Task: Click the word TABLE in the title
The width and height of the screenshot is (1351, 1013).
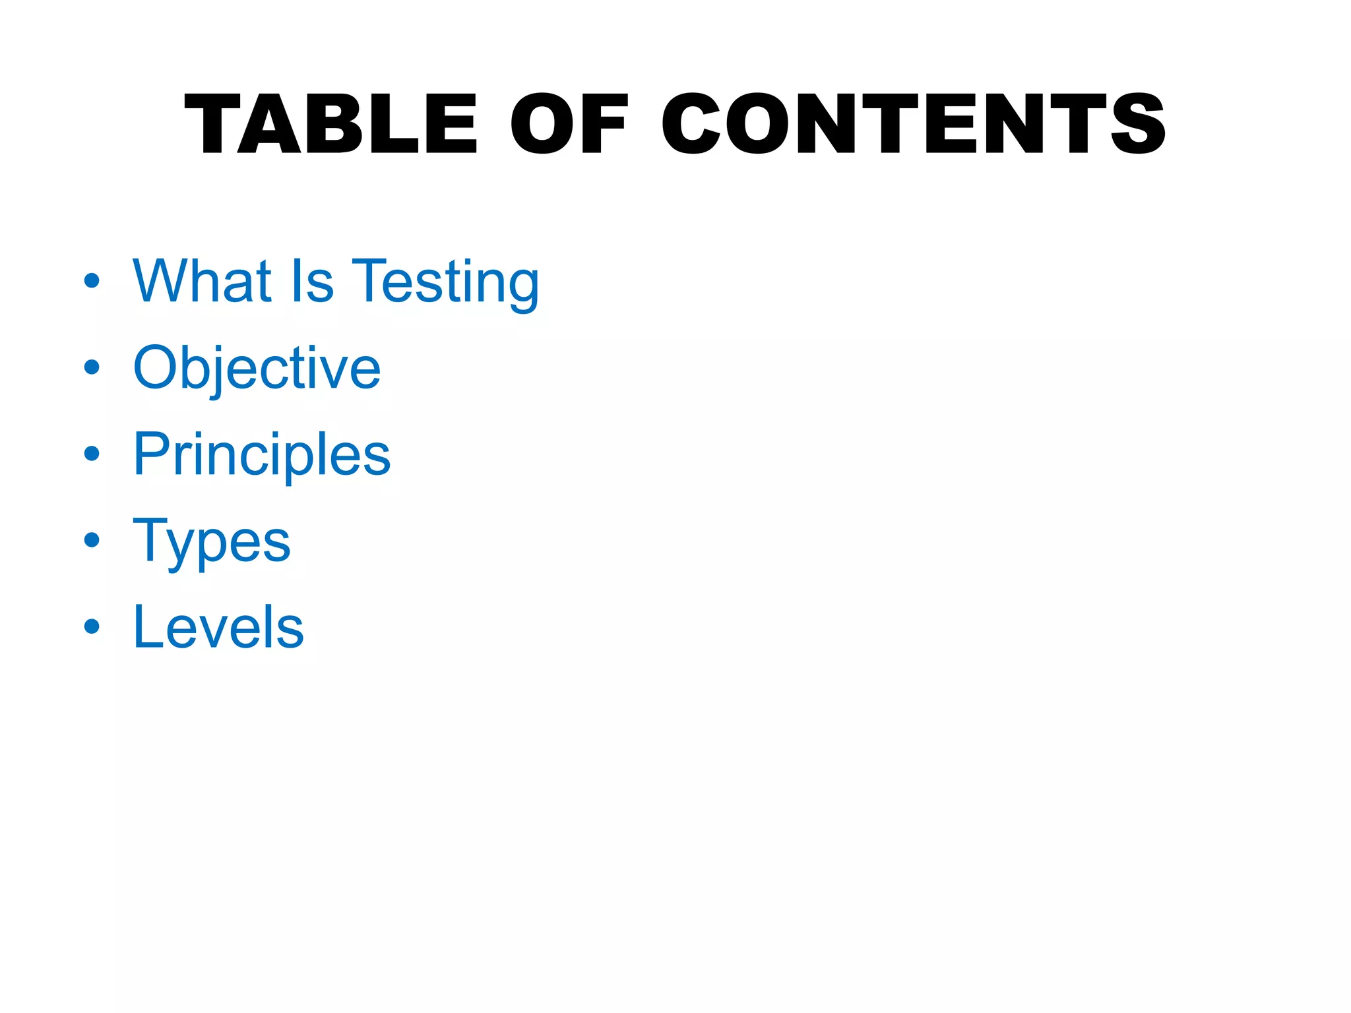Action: (x=330, y=124)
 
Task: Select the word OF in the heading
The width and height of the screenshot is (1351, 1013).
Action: (x=569, y=124)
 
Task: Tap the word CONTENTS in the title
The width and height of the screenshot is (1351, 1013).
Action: (x=914, y=124)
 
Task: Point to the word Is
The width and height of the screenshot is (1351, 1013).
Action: (x=311, y=282)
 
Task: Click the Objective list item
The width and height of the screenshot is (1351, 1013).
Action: (x=257, y=368)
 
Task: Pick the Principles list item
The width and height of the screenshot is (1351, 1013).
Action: (x=262, y=455)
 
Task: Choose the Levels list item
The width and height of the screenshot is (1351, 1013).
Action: (x=218, y=627)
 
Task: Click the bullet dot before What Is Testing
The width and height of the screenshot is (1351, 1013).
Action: (x=92, y=281)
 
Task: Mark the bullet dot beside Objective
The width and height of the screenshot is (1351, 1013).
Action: (x=92, y=367)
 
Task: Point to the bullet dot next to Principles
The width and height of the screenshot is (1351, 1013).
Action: (x=92, y=454)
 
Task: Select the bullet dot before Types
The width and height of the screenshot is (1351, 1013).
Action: (x=92, y=540)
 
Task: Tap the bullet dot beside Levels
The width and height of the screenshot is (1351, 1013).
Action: (x=92, y=627)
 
